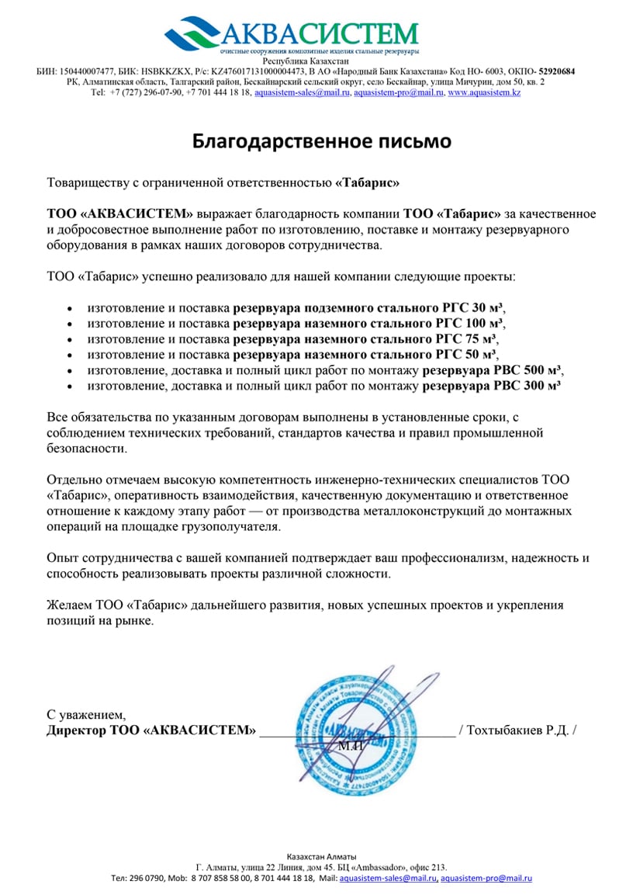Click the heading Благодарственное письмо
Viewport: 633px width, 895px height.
point(321,141)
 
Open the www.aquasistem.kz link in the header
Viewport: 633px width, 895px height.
point(483,92)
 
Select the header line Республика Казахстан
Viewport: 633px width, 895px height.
point(306,61)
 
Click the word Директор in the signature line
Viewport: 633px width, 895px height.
point(74,730)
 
